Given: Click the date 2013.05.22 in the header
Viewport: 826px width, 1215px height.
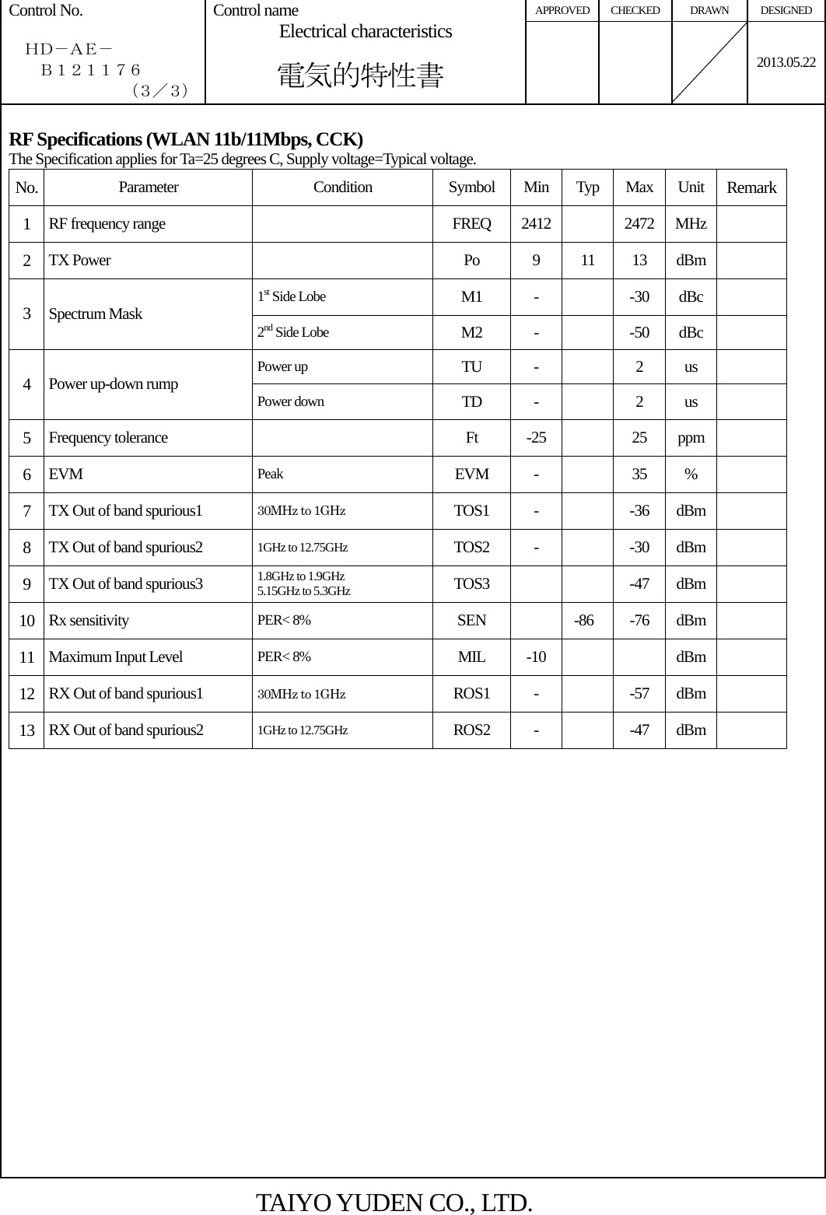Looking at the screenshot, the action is (786, 62).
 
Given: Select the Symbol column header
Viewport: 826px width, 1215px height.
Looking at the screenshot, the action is (471, 187).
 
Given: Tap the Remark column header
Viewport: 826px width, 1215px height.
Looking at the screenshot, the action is (751, 187).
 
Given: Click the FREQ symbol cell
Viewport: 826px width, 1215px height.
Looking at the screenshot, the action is (471, 224).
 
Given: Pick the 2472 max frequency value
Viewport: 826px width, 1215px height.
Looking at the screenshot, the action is (639, 224).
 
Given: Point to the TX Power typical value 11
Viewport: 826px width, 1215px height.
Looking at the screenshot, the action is (587, 261).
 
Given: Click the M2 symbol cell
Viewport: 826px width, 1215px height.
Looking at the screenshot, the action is (471, 333).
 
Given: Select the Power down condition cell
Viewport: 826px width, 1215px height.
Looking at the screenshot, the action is (291, 401).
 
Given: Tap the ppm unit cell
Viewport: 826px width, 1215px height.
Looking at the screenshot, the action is (691, 437).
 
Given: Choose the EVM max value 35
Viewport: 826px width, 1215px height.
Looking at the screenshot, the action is (639, 474).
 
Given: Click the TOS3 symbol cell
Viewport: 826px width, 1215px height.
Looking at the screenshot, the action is (471, 583).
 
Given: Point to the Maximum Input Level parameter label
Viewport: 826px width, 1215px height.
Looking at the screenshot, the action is (116, 657).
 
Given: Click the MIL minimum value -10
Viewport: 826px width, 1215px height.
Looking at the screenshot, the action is (536, 657).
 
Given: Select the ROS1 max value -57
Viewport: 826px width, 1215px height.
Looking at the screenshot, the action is (639, 693).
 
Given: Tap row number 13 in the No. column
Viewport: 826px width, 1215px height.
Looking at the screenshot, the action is (27, 730).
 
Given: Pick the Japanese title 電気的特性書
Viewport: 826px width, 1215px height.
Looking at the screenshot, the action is (361, 76).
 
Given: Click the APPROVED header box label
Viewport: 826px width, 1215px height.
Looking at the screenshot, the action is (562, 11).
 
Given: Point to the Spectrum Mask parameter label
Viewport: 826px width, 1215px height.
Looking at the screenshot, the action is (96, 314).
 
